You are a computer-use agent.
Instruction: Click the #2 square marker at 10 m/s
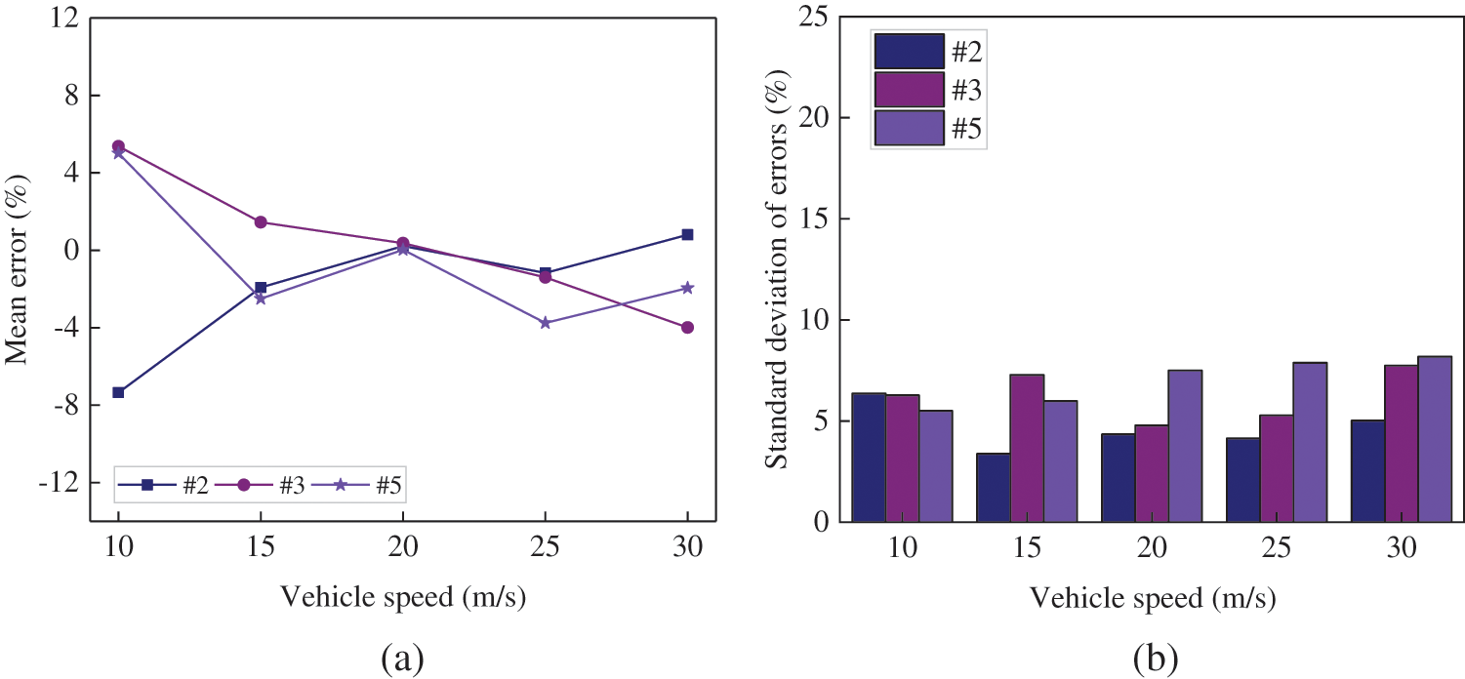118,392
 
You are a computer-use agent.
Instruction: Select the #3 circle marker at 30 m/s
687,328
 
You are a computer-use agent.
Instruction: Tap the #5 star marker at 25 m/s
545,323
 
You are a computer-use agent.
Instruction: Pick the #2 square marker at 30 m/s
687,235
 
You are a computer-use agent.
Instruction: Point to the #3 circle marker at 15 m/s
261,222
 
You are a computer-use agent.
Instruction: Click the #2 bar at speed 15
994,488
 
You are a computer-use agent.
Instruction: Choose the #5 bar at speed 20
1185,447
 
